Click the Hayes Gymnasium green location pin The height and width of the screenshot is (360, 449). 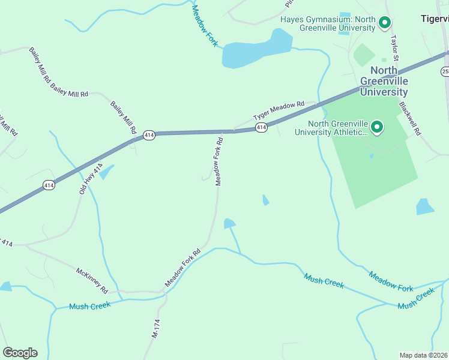click(385, 23)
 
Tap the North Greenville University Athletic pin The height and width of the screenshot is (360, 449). click(377, 127)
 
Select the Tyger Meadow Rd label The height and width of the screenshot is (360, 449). click(279, 110)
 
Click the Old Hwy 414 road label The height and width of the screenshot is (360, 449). click(91, 178)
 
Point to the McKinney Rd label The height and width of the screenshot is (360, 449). click(91, 280)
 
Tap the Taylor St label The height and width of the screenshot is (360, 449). click(394, 47)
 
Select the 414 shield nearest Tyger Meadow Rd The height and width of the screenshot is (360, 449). click(261, 127)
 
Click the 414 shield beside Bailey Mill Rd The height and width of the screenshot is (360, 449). click(149, 136)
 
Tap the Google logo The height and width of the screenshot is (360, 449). click(20, 353)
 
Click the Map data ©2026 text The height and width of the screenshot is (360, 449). click(423, 355)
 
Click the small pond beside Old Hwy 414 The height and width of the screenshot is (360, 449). click(106, 173)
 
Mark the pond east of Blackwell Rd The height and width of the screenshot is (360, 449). click(424, 207)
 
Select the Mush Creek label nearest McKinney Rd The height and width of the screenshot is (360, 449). click(90, 306)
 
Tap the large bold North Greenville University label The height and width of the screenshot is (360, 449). click(384, 81)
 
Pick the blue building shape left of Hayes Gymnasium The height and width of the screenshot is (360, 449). click(345, 23)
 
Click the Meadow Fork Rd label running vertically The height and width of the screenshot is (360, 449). click(219, 161)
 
